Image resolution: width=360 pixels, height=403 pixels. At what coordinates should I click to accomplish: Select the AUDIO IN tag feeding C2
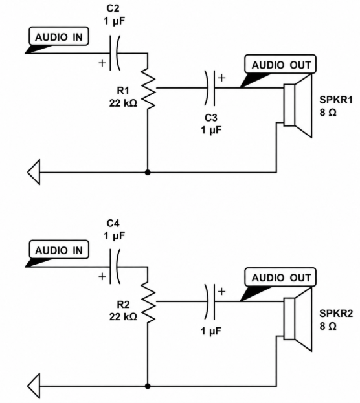58,37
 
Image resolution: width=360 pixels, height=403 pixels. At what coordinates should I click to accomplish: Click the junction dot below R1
148,173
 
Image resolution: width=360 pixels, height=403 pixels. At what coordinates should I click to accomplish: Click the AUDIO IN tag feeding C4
58,250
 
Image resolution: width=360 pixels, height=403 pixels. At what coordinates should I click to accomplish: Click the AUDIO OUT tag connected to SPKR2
280,278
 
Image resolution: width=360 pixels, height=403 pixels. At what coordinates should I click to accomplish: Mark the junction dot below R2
148,386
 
